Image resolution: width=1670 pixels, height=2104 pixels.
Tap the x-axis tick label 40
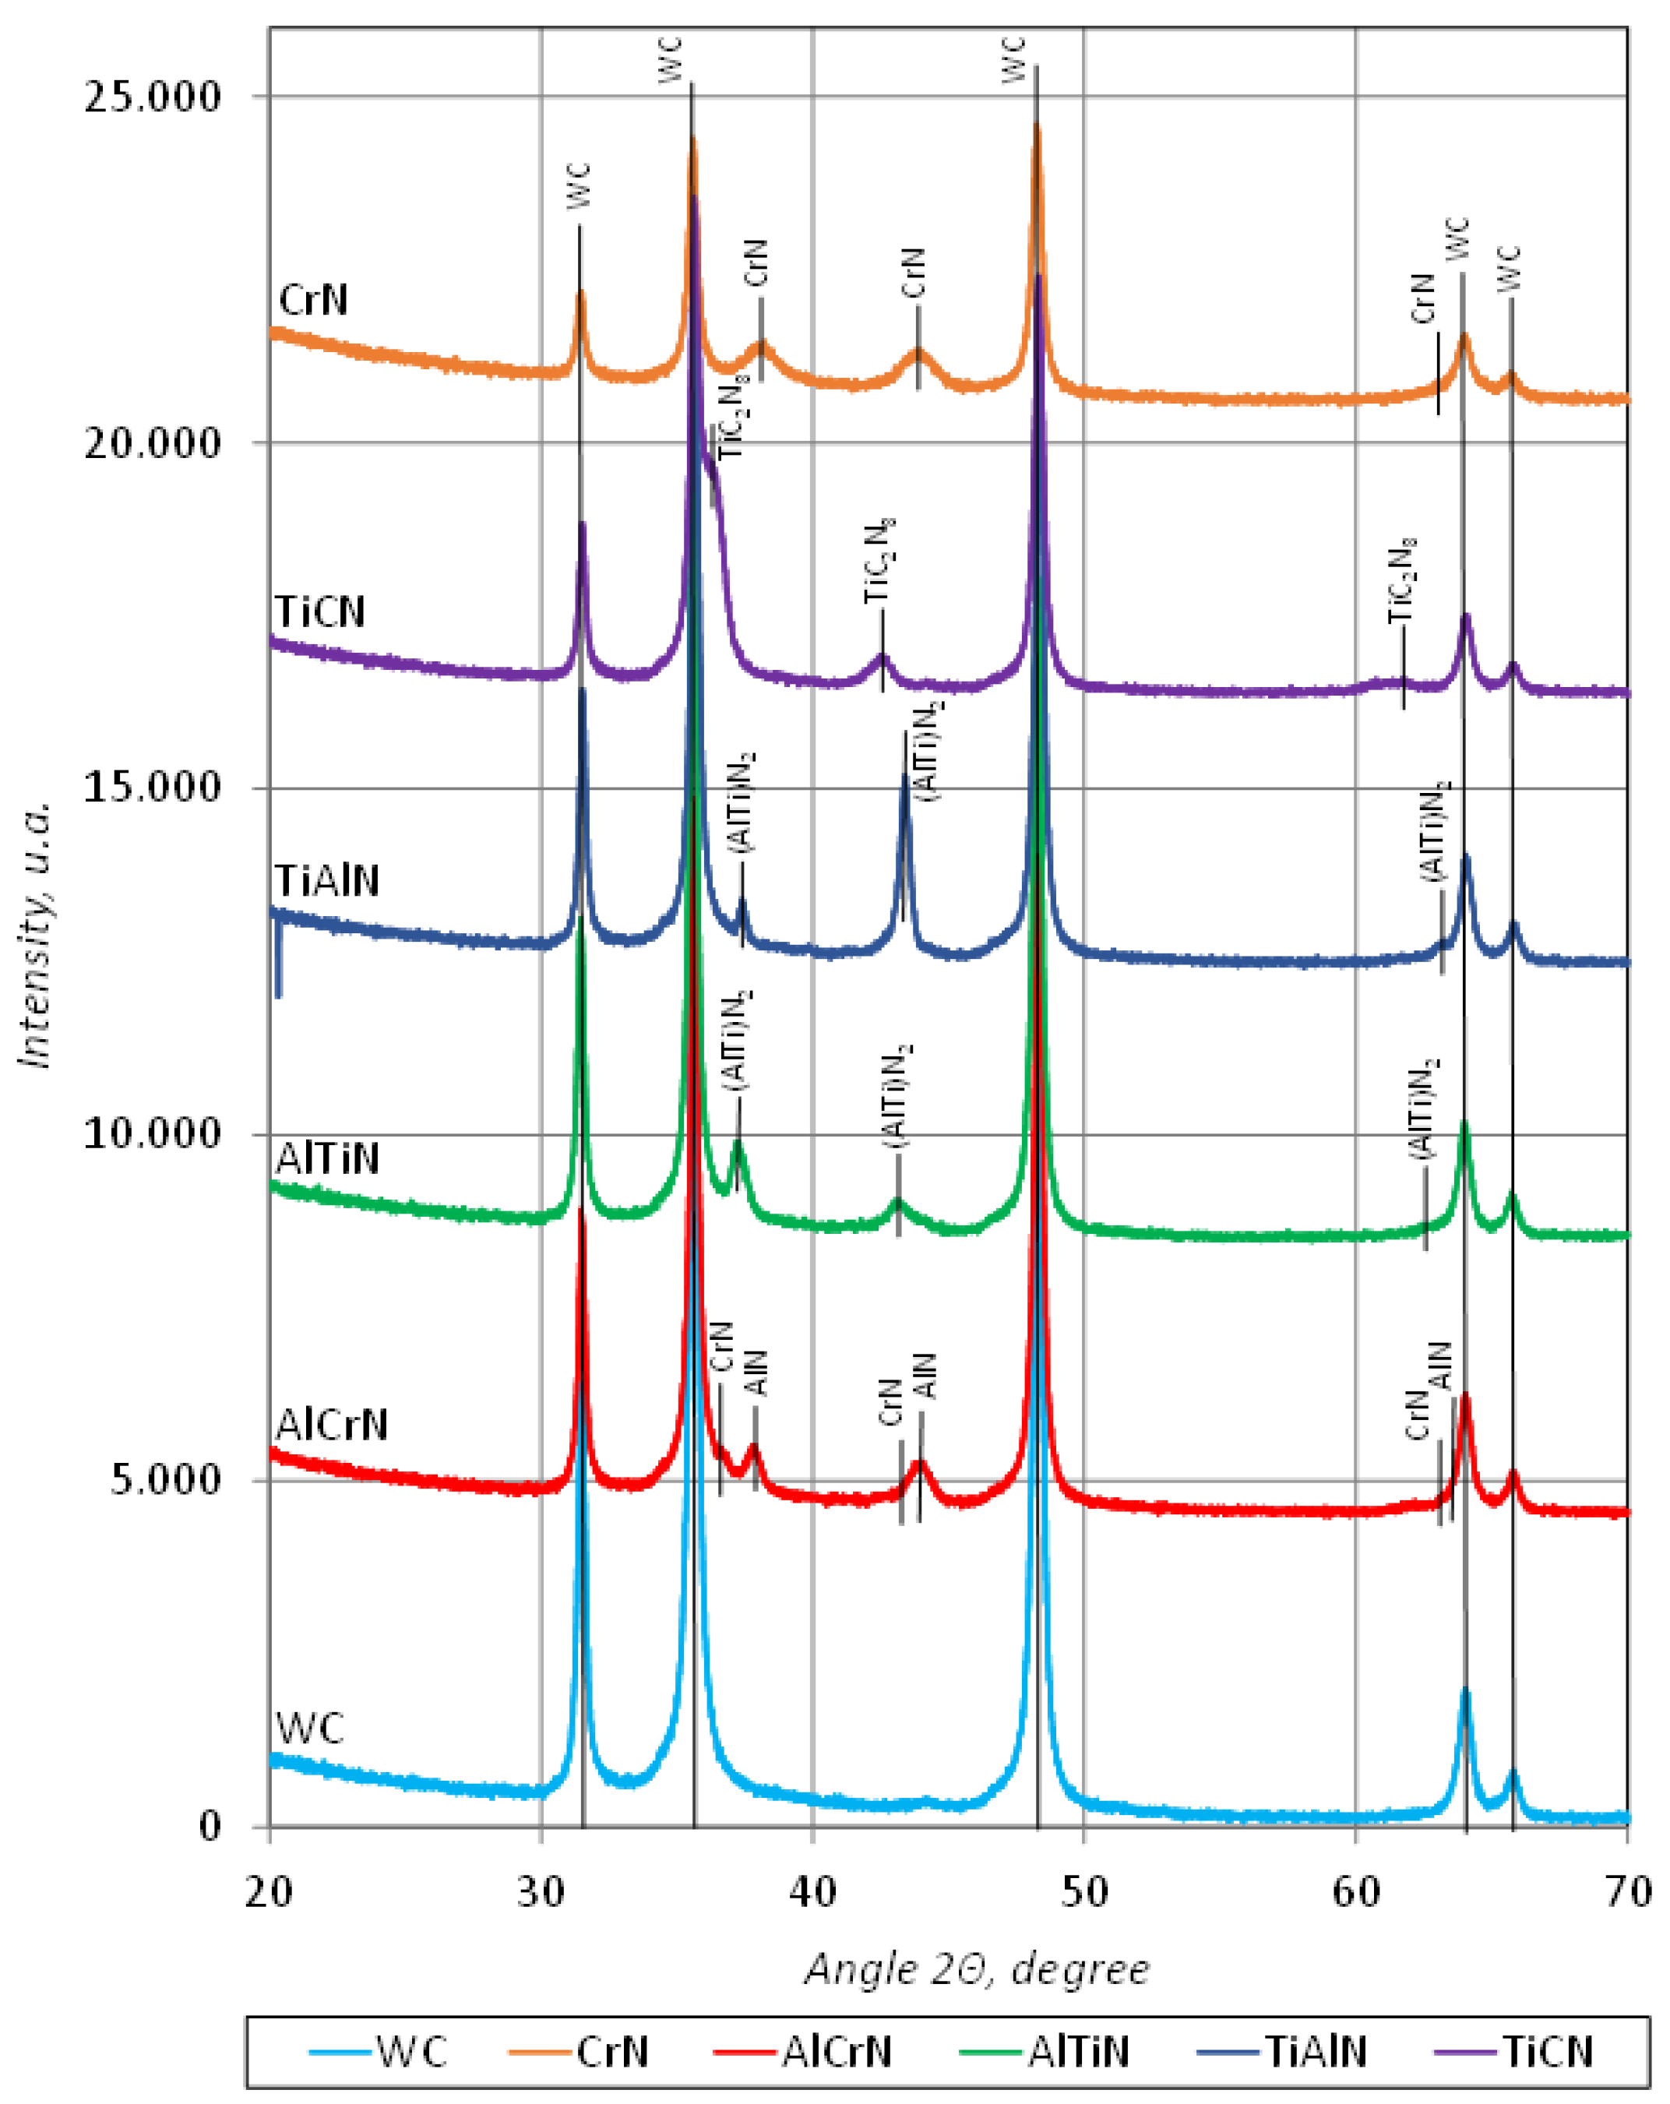pyautogui.click(x=812, y=1892)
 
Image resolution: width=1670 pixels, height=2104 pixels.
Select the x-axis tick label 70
pyautogui.click(x=1627, y=1892)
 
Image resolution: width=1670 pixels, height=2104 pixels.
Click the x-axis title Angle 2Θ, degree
pyautogui.click(x=977, y=1968)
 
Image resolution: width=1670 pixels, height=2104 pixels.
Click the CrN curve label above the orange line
pyautogui.click(x=313, y=300)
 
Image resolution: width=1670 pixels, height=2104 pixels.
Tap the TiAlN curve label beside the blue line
pyautogui.click(x=327, y=880)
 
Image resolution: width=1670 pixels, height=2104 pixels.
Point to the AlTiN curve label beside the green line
pyautogui.click(x=327, y=1158)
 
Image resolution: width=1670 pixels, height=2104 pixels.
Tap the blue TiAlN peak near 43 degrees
pyautogui.click(x=905, y=781)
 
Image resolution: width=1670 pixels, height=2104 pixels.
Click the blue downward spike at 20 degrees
pyautogui.click(x=279, y=966)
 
